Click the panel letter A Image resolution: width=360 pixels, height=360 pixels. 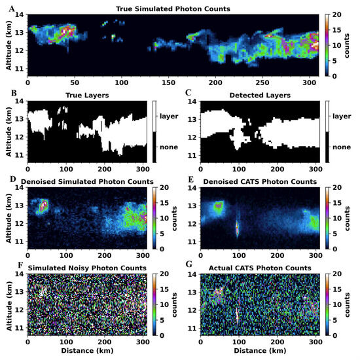(5, 8)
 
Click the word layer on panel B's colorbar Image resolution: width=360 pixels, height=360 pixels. (168, 116)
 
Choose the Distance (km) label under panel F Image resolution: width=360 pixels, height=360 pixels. (82, 352)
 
